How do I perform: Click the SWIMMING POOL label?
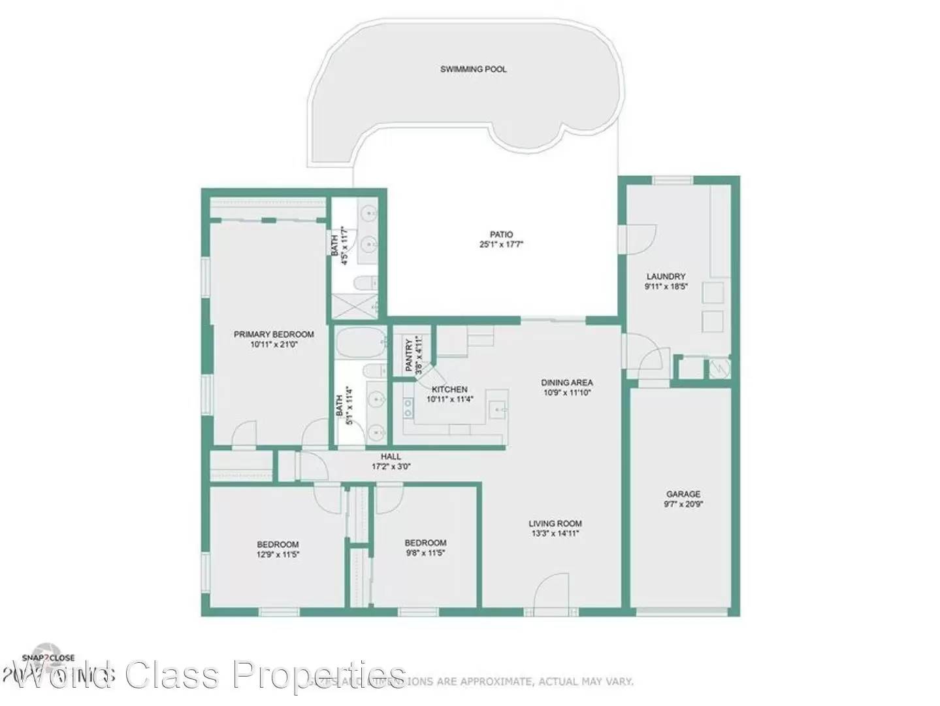[x=473, y=69]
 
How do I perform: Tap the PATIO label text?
[x=501, y=235]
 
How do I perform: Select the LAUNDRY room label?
[x=666, y=277]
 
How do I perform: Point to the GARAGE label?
[x=683, y=494]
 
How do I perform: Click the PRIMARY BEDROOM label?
[x=274, y=335]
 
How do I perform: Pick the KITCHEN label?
[x=449, y=390]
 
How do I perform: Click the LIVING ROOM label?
[x=555, y=524]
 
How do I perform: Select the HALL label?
[x=391, y=457]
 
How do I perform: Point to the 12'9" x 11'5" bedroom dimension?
[x=278, y=554]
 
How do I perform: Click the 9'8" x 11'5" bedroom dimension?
[x=425, y=553]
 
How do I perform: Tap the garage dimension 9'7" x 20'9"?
[x=683, y=504]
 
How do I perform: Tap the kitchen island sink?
[x=498, y=409]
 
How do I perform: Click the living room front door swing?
[x=553, y=592]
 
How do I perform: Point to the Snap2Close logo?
[x=48, y=658]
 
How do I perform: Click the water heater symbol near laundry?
[x=721, y=368]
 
